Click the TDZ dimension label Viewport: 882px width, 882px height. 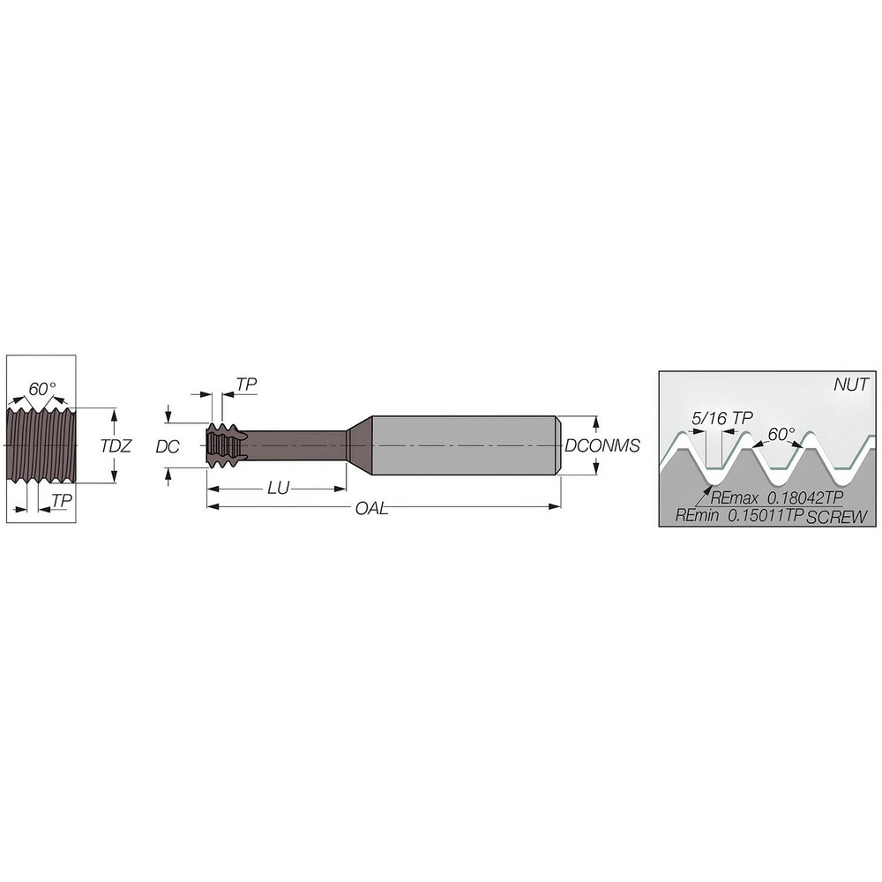(116, 446)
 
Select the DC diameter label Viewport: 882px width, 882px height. (167, 446)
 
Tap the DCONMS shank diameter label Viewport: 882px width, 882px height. (602, 445)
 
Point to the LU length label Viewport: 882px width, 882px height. (278, 489)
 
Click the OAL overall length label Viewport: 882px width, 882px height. (372, 509)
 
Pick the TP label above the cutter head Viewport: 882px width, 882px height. (246, 385)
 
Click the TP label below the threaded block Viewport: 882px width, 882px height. (62, 500)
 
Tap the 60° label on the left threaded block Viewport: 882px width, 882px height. (42, 389)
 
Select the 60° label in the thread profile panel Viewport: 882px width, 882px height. (781, 435)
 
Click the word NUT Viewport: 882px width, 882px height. (851, 385)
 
